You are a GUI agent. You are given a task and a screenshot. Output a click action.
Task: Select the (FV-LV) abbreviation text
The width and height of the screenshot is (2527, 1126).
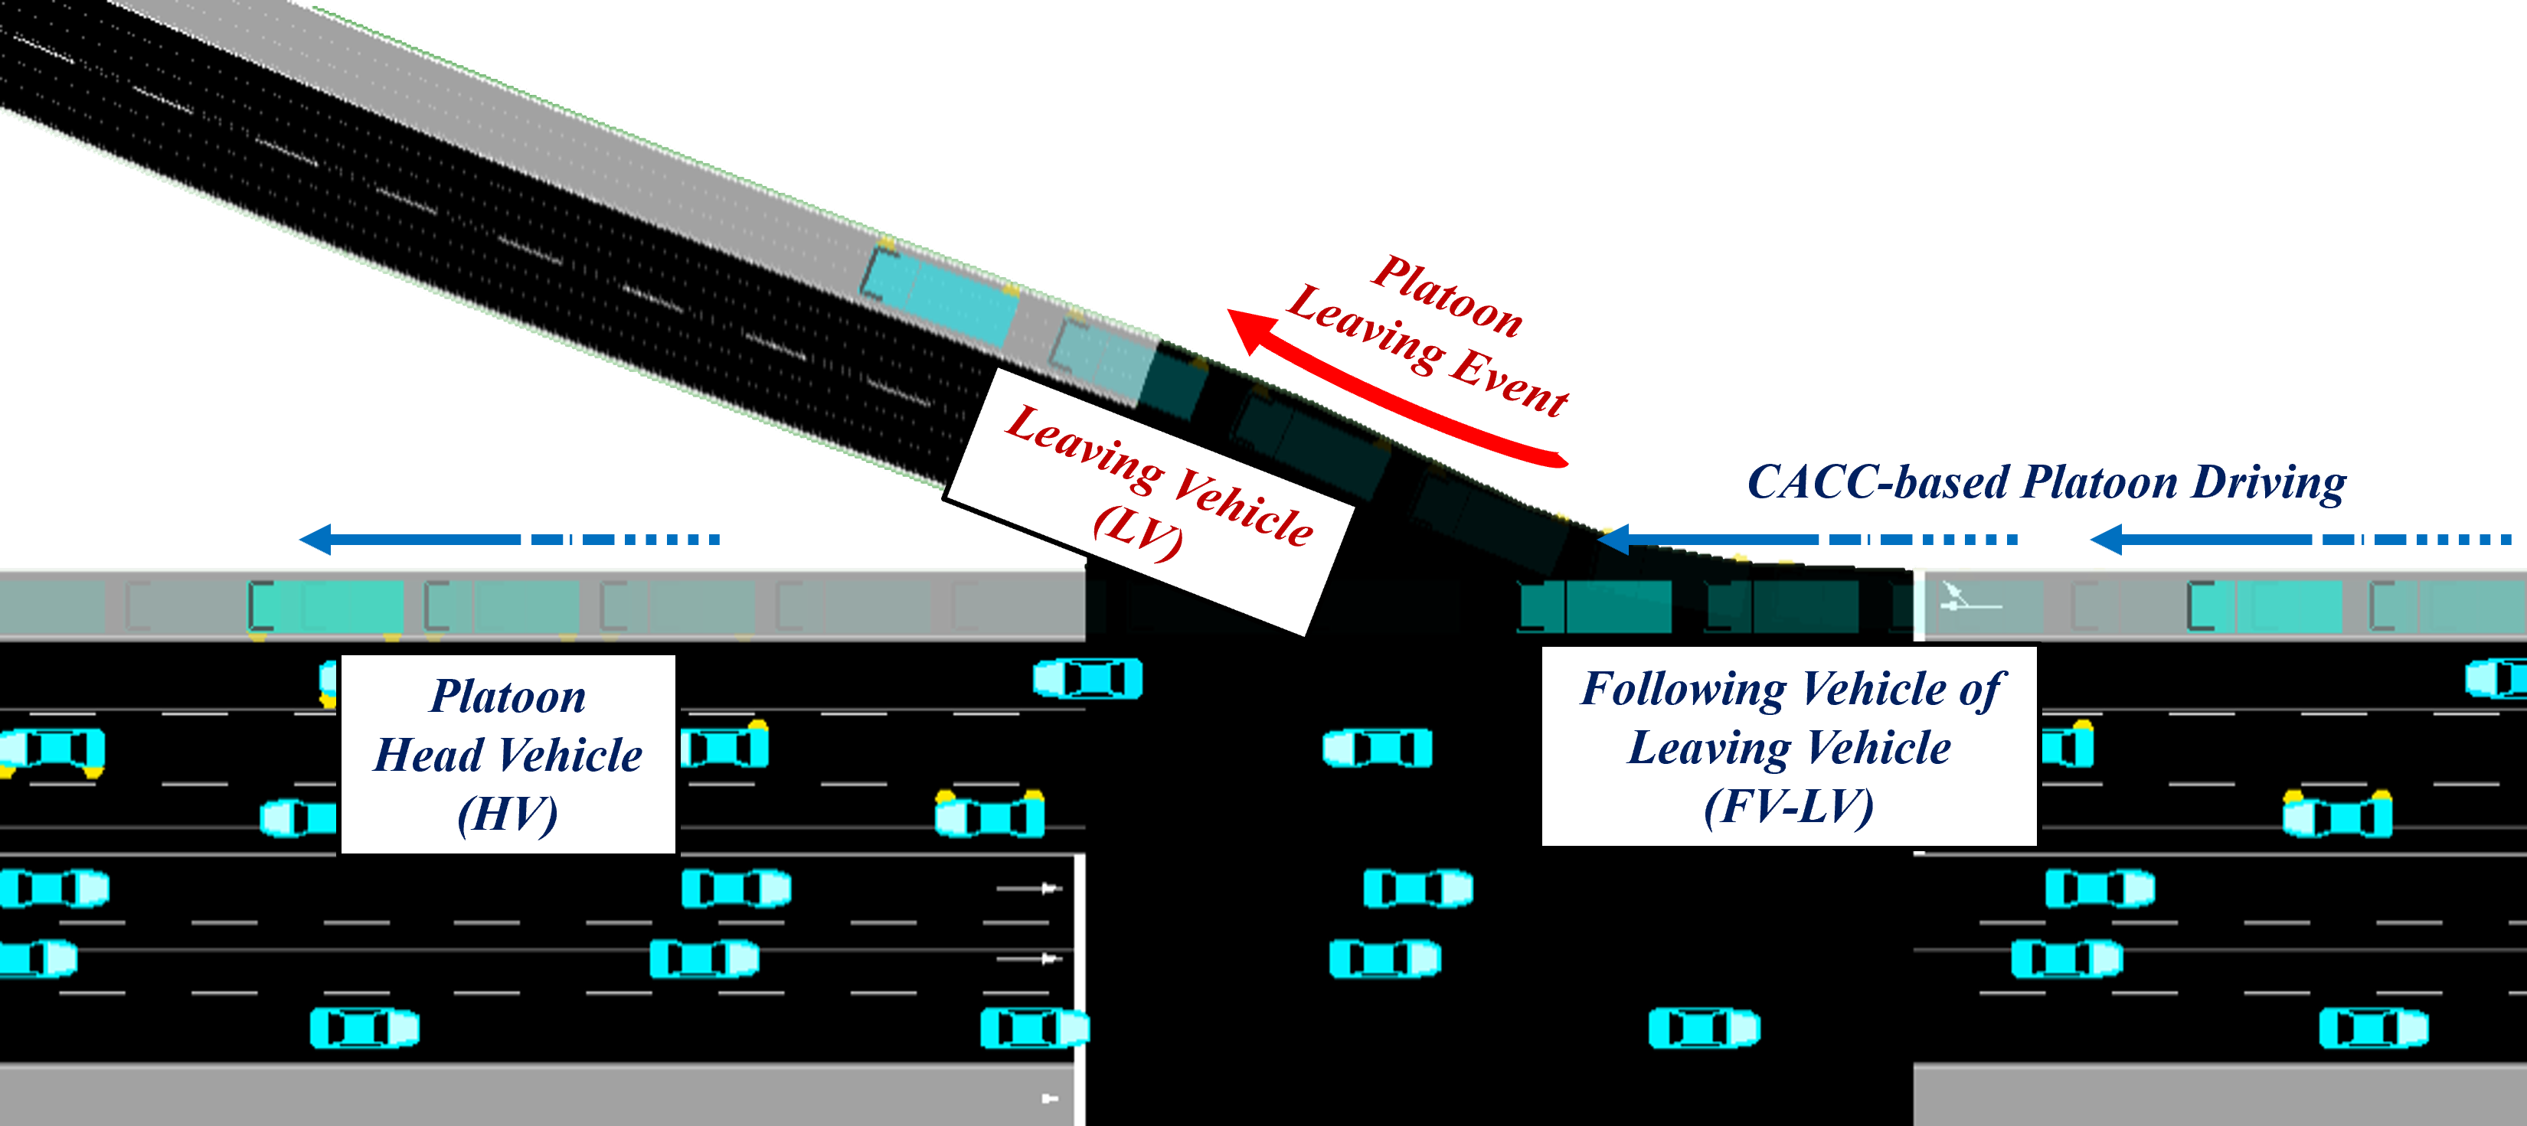1788,806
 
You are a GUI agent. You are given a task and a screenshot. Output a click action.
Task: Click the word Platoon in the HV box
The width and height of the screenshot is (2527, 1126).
508,697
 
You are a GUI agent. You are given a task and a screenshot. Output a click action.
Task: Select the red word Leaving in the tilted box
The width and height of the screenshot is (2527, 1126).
1084,446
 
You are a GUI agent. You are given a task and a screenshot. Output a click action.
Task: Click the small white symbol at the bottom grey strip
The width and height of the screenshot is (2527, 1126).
1048,1098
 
